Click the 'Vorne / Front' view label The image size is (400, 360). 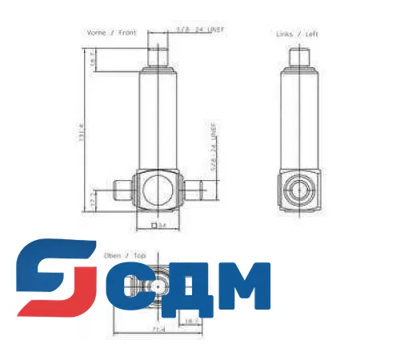(x=112, y=33)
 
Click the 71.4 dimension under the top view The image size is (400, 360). (x=157, y=329)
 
